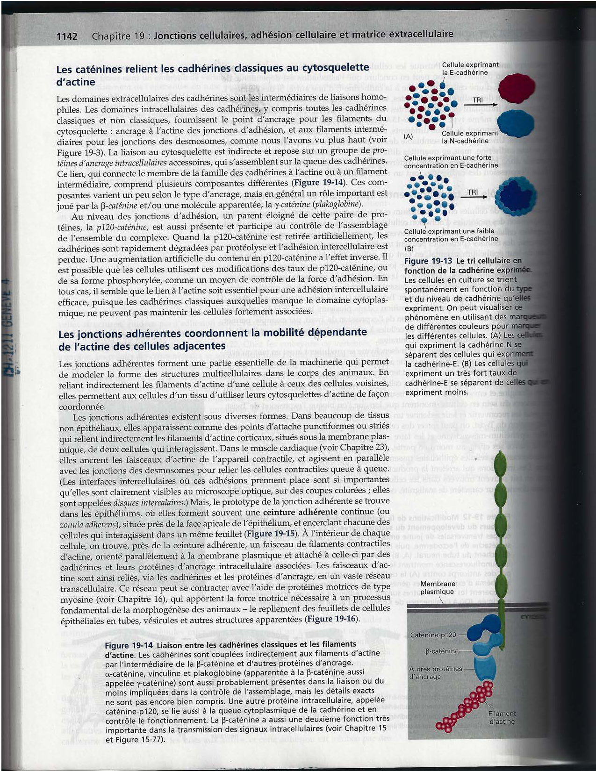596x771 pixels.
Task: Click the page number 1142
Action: coord(66,36)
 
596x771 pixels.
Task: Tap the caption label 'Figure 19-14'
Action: coord(129,645)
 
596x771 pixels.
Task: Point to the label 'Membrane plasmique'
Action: coord(437,587)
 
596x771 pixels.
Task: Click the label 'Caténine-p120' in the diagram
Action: coord(433,635)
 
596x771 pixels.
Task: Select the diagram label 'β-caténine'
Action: coord(442,651)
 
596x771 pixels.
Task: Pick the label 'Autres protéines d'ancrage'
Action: coord(435,672)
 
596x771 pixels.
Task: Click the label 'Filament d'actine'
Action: coord(502,717)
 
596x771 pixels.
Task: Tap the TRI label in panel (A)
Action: coord(477,100)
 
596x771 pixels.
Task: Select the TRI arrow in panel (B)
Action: coord(473,197)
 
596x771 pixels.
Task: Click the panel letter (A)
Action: coord(409,136)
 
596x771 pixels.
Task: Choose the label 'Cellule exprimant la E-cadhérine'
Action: coord(470,69)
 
